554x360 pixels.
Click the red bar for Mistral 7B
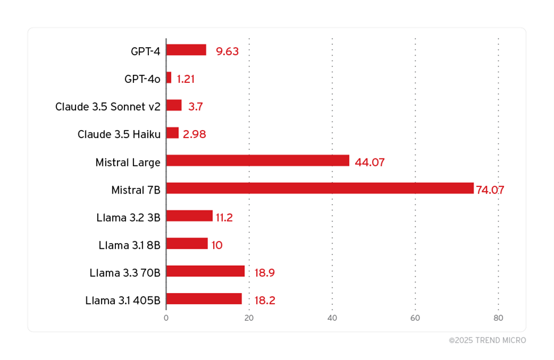coord(319,188)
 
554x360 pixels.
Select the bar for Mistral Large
coord(257,161)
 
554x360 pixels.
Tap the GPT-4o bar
coord(169,78)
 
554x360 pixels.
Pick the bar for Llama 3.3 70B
coord(205,271)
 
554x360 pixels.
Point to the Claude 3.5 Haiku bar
coord(172,133)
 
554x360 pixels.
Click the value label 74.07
coord(490,190)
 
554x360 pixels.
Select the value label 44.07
coord(369,162)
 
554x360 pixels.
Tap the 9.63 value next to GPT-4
coord(227,52)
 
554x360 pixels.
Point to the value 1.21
coord(185,79)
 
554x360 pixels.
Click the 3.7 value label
coord(195,107)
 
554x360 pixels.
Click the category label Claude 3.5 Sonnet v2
coord(108,107)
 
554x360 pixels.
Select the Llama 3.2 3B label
coord(128,217)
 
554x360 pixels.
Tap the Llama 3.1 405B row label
coord(123,300)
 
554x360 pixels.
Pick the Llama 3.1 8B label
coord(130,245)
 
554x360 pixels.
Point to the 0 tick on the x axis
coord(166,318)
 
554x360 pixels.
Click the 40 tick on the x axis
coord(332,318)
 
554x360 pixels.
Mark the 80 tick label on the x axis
coord(498,318)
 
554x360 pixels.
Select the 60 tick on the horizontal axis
coord(415,318)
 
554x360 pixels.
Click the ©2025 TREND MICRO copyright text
coord(487,341)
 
